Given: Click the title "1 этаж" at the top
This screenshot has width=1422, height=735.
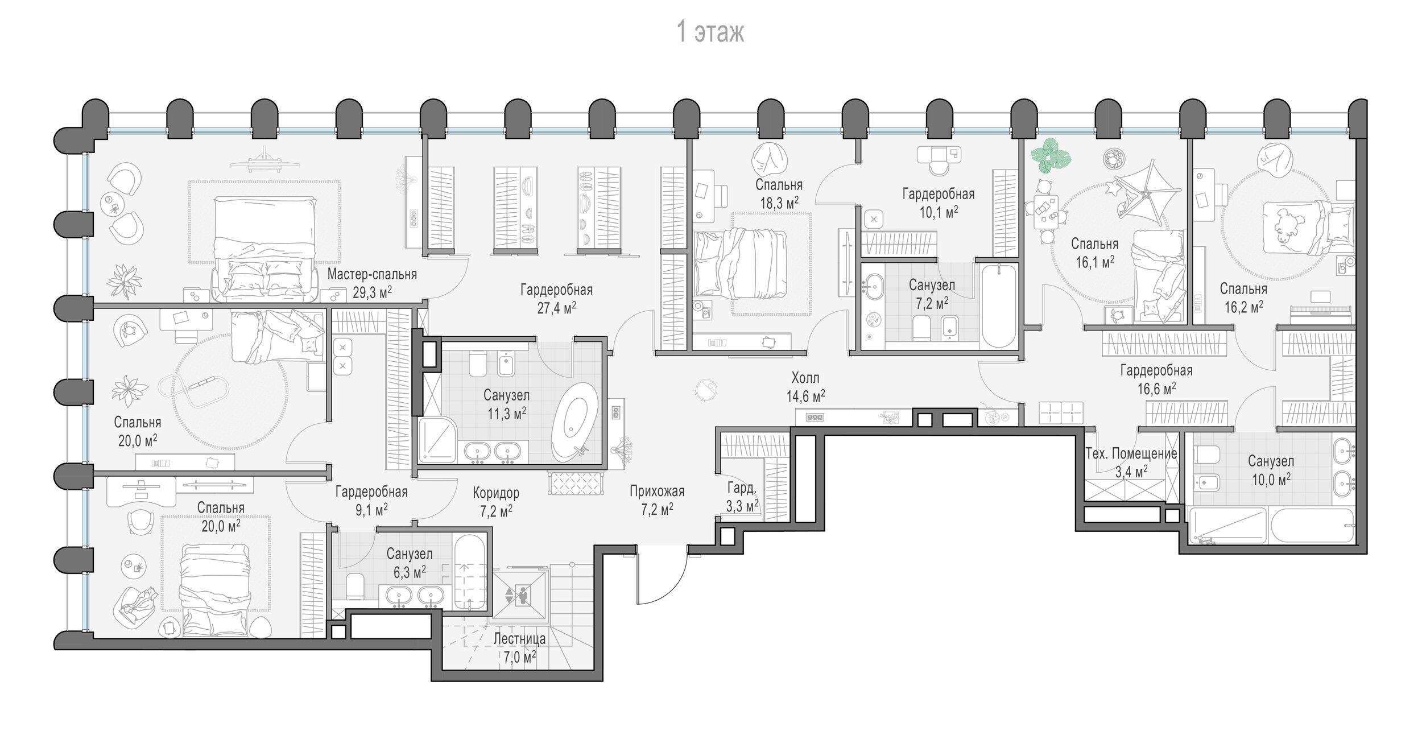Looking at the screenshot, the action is tap(710, 32).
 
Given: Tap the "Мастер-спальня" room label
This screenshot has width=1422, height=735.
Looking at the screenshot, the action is tap(372, 274).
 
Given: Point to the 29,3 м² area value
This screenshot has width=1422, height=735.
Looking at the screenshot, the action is tap(372, 293).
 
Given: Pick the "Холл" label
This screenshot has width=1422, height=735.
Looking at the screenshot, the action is tap(805, 378).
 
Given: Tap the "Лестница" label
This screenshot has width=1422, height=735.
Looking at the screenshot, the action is tap(519, 639).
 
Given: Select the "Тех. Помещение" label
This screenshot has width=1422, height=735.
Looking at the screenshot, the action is tap(1131, 453).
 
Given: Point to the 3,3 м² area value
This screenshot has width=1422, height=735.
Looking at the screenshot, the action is tap(742, 506).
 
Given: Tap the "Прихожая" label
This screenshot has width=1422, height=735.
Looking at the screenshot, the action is tap(657, 490).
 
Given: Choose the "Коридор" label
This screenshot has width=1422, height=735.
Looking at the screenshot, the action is tap(496, 493).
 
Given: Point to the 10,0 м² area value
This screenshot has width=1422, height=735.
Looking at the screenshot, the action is tap(1271, 480).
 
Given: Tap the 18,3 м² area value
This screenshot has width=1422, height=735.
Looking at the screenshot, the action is tap(779, 203).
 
